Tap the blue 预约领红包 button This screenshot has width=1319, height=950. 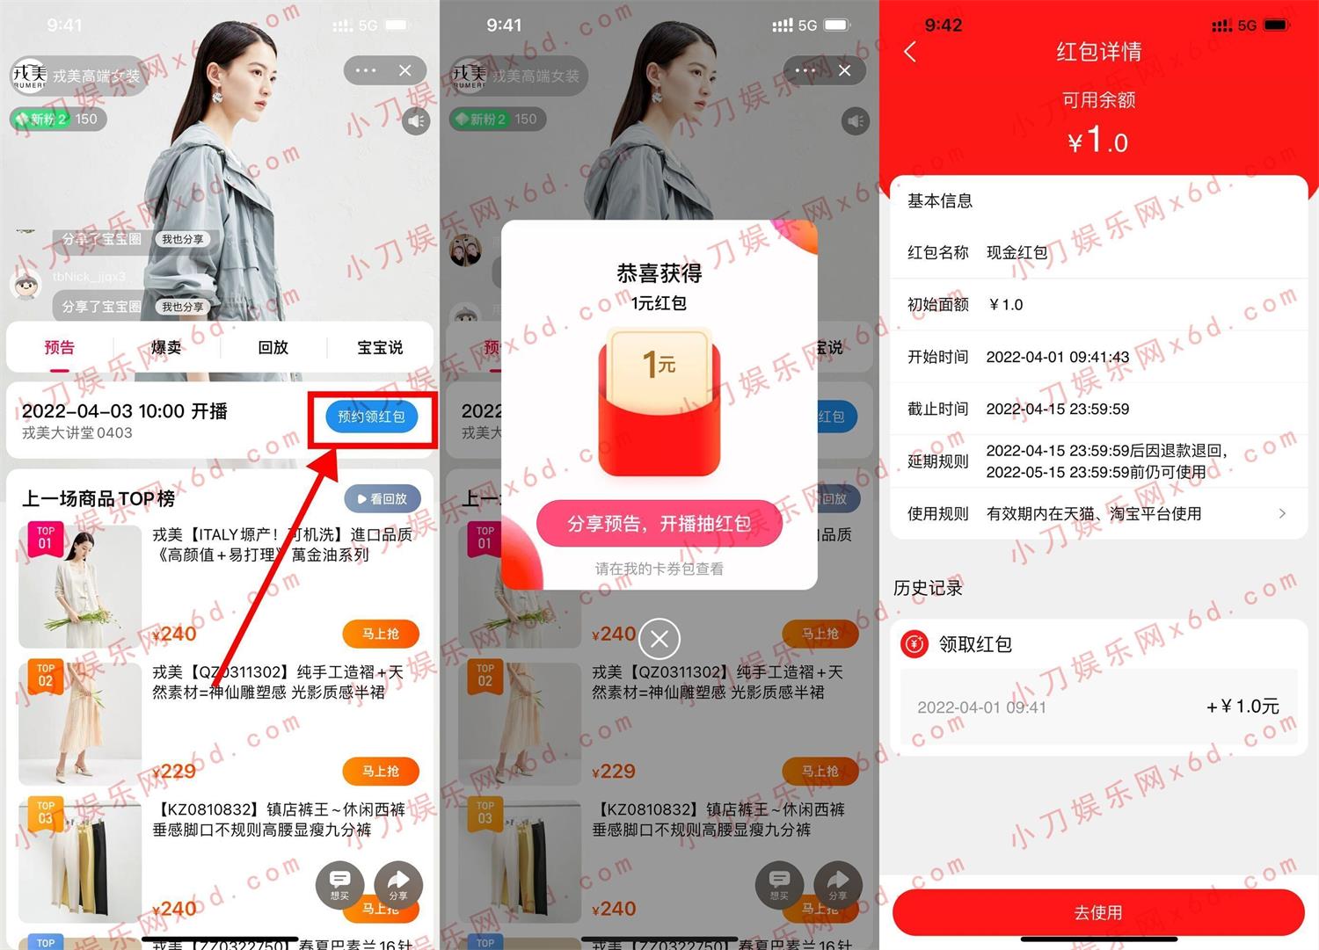click(371, 417)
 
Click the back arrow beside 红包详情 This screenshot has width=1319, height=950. click(910, 53)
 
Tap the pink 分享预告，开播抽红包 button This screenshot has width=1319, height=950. click(659, 524)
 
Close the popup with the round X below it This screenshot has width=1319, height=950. click(659, 639)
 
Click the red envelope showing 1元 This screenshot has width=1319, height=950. click(659, 400)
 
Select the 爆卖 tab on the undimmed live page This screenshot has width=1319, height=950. click(166, 348)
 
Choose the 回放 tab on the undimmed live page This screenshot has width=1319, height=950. click(273, 348)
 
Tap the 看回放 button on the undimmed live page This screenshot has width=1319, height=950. click(383, 498)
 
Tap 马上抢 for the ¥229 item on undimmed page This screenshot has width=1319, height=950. click(380, 771)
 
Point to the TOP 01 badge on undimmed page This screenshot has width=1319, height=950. click(46, 538)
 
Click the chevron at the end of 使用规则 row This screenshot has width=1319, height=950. click(1282, 513)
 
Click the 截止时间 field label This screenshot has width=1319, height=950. click(937, 409)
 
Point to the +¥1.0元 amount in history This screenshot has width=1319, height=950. click(1242, 707)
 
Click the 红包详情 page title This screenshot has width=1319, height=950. click(1098, 52)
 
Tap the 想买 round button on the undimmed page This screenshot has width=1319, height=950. click(339, 883)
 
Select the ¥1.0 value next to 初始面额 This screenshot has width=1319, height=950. click(1006, 305)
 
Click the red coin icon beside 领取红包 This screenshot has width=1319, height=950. click(915, 644)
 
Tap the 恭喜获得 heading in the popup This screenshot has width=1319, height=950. click(659, 273)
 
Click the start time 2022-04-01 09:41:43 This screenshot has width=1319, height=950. click(1057, 357)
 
